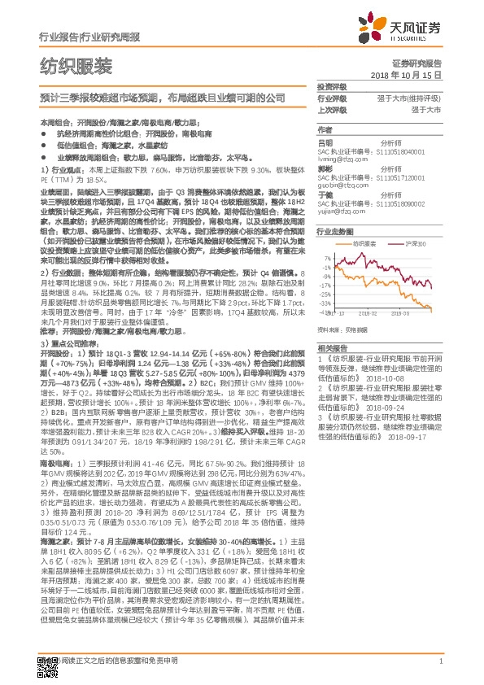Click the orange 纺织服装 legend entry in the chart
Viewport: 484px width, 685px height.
pos(362,243)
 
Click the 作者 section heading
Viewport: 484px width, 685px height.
pos(325,130)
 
